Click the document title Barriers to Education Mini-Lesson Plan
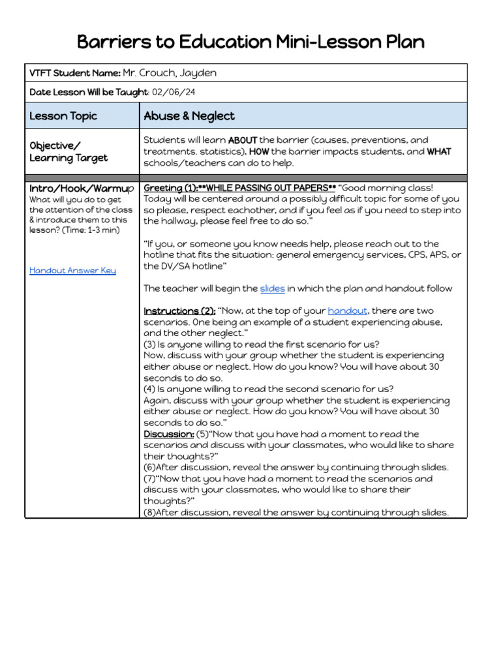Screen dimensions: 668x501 point(250,42)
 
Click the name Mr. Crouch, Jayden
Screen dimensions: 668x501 point(170,73)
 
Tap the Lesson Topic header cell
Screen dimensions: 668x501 point(63,116)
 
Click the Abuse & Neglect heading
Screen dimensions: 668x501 point(189,116)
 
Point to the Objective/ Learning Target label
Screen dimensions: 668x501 point(68,151)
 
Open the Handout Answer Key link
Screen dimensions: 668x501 point(72,270)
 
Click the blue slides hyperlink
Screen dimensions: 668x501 point(272,288)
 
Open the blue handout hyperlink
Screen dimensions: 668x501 point(347,311)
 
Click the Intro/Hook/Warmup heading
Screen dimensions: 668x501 point(82,188)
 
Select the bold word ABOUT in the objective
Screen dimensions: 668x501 point(243,140)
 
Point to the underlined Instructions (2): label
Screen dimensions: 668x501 point(179,311)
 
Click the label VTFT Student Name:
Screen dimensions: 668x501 point(74,73)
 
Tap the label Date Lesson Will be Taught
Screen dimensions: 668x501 point(89,93)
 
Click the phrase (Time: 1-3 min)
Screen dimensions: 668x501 point(93,230)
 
